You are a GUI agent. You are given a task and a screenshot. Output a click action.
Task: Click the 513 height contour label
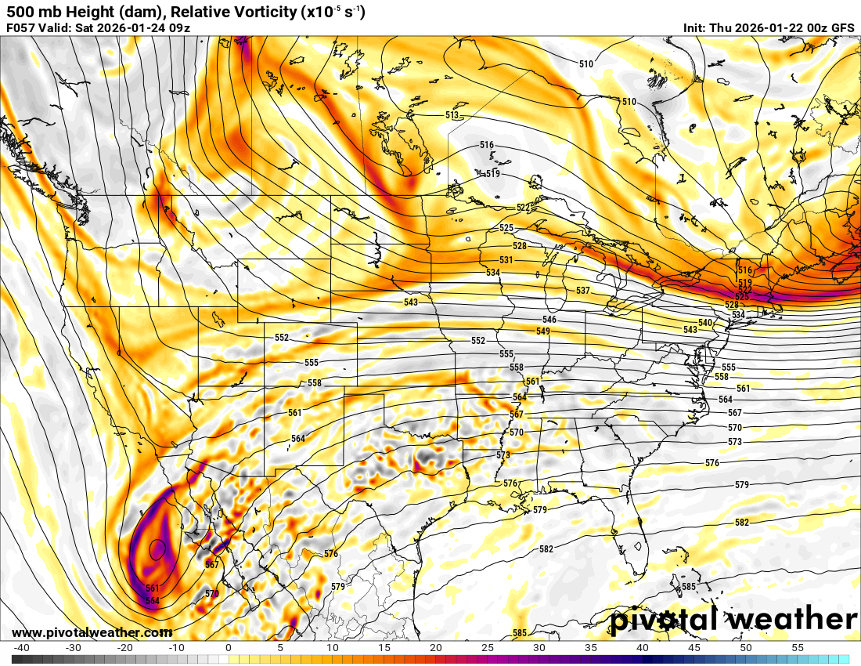pyautogui.click(x=452, y=115)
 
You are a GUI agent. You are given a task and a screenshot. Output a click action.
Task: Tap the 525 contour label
pyautogui.click(x=506, y=228)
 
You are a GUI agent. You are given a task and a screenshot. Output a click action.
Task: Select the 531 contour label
pyautogui.click(x=506, y=260)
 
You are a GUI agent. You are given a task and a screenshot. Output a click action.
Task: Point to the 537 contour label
pyautogui.click(x=582, y=291)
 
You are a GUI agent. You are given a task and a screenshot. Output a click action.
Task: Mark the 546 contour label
pyautogui.click(x=549, y=320)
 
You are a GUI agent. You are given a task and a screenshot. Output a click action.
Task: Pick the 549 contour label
pyautogui.click(x=542, y=331)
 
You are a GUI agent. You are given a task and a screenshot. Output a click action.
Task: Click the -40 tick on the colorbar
pyautogui.click(x=22, y=648)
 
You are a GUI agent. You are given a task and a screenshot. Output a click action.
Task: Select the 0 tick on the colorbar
pyautogui.click(x=228, y=648)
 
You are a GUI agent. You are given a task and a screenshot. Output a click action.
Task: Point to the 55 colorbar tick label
pyautogui.click(x=797, y=648)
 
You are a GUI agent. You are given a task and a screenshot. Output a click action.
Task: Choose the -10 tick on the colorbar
pyautogui.click(x=176, y=648)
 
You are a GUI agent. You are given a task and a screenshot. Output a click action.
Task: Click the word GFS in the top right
pyautogui.click(x=842, y=28)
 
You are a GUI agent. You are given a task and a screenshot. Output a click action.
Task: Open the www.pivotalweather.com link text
pyautogui.click(x=92, y=632)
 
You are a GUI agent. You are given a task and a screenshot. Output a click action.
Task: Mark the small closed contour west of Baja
pyautogui.click(x=157, y=549)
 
